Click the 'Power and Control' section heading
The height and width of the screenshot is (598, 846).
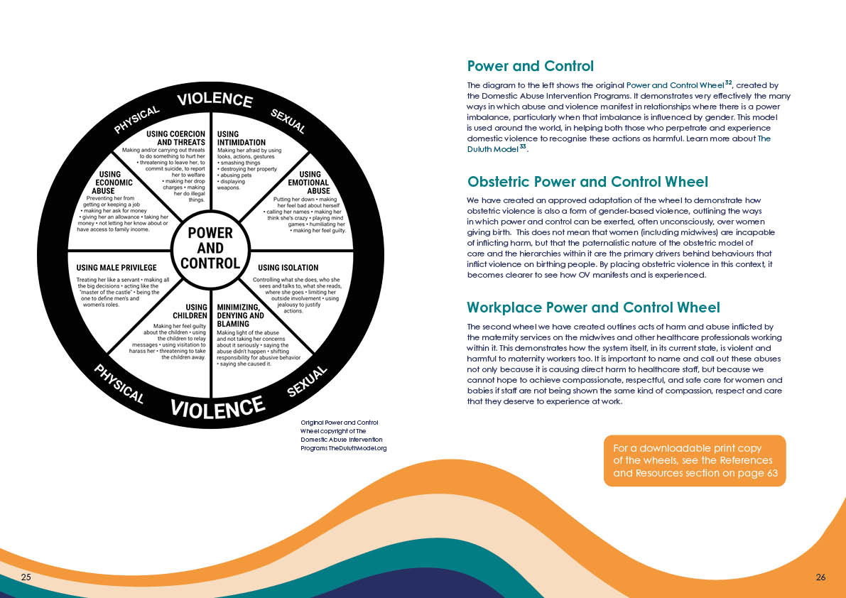pos(530,66)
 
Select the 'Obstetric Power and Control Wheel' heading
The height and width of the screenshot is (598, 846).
pos(587,182)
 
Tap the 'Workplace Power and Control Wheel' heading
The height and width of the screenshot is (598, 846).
pos(593,308)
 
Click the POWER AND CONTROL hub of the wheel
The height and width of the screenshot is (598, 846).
pos(210,248)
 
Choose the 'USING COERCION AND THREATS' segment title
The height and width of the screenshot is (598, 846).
pos(175,138)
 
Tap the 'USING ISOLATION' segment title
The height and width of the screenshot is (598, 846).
pos(288,268)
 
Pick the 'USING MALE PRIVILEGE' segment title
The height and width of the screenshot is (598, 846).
pos(116,268)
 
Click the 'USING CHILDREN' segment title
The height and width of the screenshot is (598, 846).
pos(190,311)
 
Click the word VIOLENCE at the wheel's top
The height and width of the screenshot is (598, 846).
pos(215,100)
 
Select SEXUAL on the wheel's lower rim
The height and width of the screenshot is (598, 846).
pos(308,382)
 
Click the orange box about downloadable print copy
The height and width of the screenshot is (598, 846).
pos(695,460)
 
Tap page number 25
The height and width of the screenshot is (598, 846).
pos(26,577)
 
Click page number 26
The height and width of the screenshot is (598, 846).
pos(820,577)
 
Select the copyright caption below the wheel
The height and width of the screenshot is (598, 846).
pos(343,435)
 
